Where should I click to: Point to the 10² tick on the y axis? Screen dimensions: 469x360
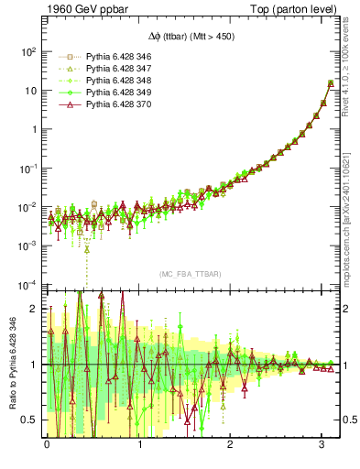tap(28, 51)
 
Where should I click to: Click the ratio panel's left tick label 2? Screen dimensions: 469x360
tap(36, 309)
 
